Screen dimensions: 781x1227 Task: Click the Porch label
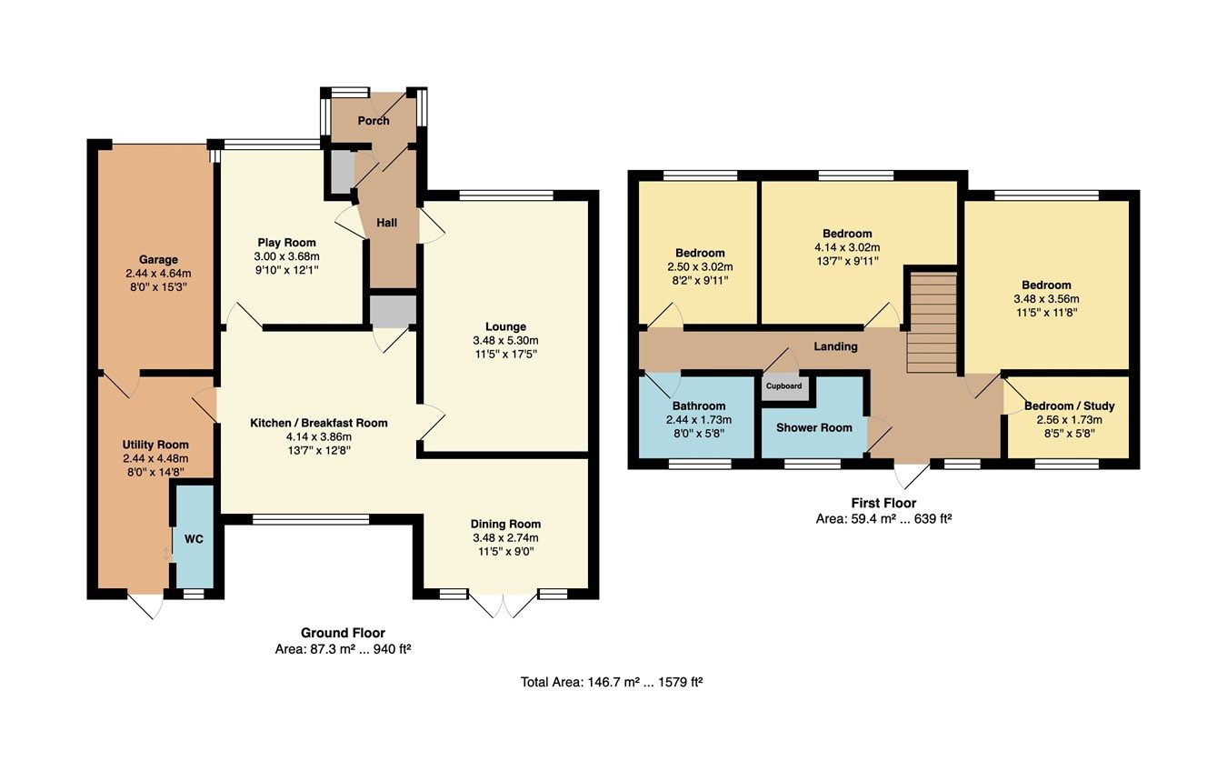pyautogui.click(x=373, y=121)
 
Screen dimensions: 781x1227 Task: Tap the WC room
pyautogui.click(x=194, y=538)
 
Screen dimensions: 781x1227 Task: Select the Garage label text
pyautogui.click(x=158, y=259)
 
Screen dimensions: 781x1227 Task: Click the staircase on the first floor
pyautogui.click(x=933, y=323)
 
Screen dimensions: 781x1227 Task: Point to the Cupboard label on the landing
pyautogui.click(x=783, y=385)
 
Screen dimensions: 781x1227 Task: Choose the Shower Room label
pyautogui.click(x=814, y=427)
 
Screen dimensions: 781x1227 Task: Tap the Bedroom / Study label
pyautogui.click(x=1069, y=406)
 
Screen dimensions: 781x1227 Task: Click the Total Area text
pyautogui.click(x=612, y=681)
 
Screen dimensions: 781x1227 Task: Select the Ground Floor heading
pyautogui.click(x=343, y=633)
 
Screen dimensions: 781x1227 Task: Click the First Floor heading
pyautogui.click(x=883, y=503)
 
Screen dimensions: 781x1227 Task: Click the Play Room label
pyautogui.click(x=286, y=243)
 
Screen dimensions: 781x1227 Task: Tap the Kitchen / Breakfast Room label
pyautogui.click(x=319, y=423)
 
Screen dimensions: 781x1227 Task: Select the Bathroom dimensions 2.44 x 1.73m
pyautogui.click(x=699, y=420)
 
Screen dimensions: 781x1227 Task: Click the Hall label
pyautogui.click(x=387, y=222)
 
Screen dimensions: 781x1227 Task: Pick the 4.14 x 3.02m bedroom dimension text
pyautogui.click(x=847, y=247)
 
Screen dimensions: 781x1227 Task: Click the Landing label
pyautogui.click(x=835, y=346)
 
